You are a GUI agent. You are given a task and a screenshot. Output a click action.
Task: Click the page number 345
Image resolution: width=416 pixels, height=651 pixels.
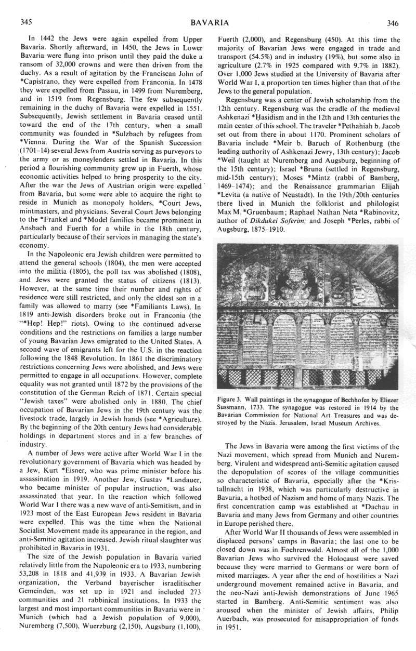(x=26, y=22)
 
